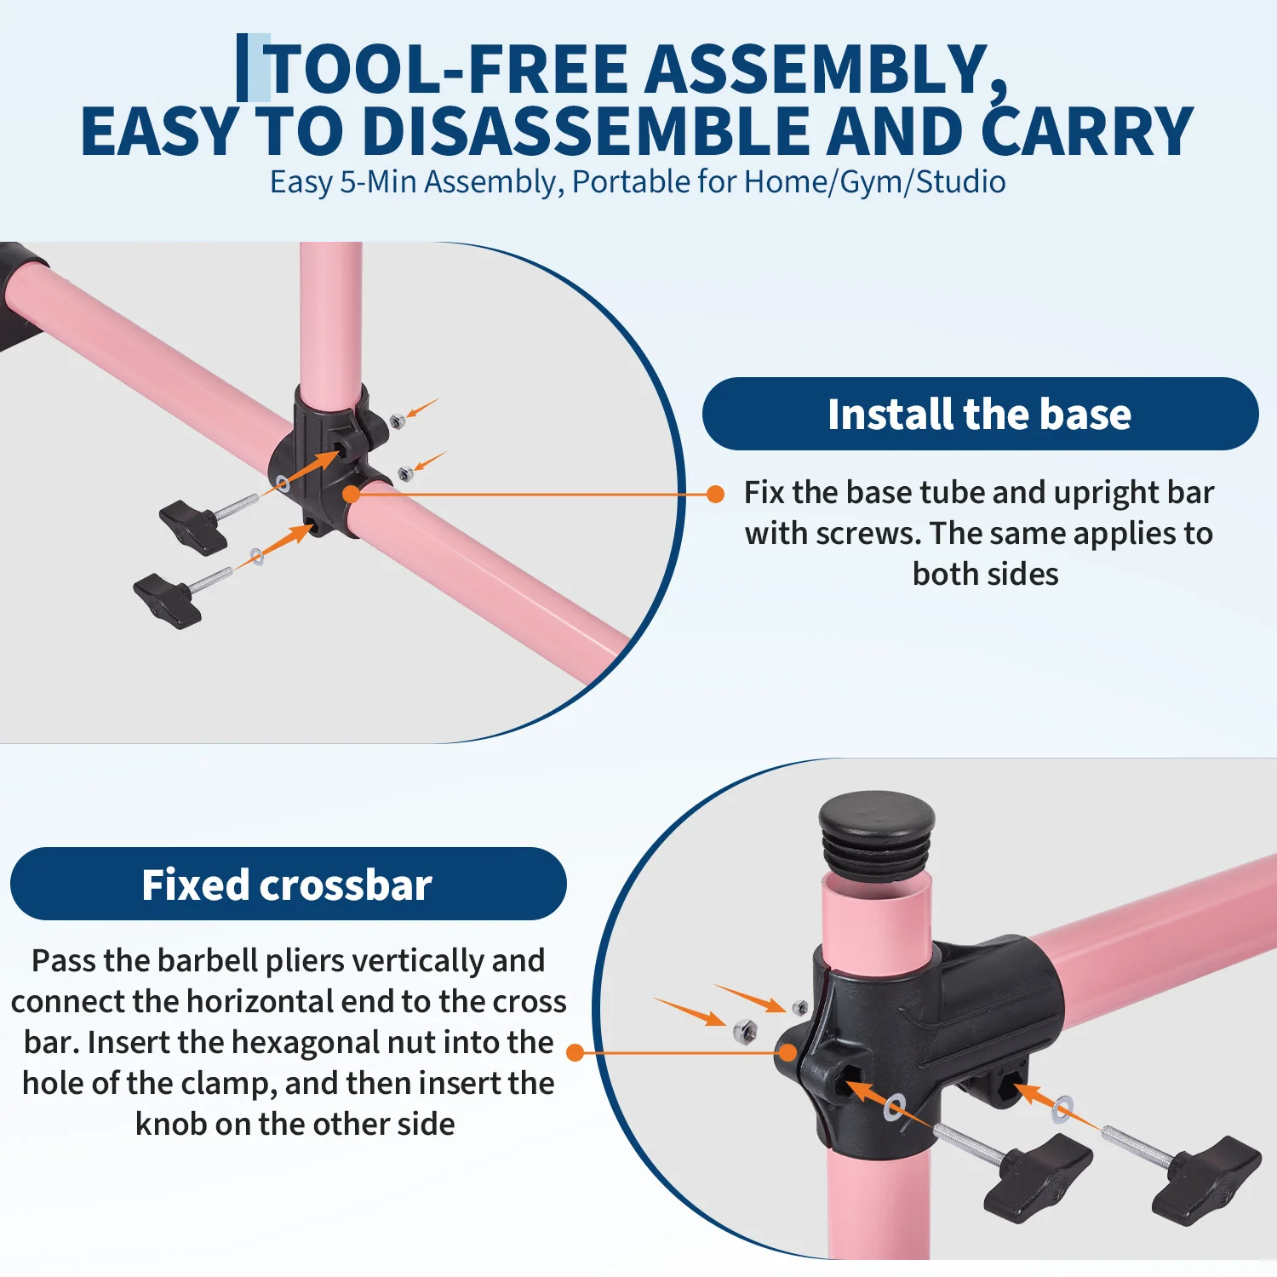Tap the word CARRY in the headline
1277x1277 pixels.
coord(1087,131)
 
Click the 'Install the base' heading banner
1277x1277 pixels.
coord(980,414)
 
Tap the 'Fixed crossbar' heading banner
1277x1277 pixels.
coord(288,884)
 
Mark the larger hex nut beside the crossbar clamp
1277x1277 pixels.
coord(744,1031)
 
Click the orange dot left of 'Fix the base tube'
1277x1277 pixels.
coord(716,494)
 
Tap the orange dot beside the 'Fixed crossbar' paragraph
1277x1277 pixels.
coord(576,1053)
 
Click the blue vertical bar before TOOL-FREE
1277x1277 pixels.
coord(243,67)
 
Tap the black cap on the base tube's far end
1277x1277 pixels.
coord(20,295)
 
